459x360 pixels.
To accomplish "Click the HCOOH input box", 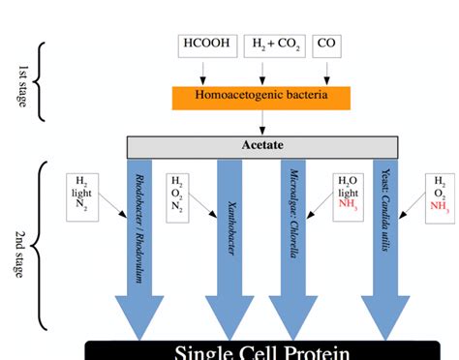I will click(203, 45).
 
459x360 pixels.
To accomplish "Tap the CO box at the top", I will click(328, 45).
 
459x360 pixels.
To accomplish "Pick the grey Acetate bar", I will click(261, 146).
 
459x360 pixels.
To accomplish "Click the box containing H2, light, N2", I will click(83, 195).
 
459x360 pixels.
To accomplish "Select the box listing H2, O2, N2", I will click(177, 194).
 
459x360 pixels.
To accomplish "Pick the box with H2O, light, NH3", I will click(347, 194).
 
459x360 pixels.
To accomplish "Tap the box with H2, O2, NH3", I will click(440, 194).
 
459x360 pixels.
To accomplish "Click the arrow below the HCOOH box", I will click(203, 72).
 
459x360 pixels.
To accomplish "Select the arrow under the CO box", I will click(328, 72).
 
